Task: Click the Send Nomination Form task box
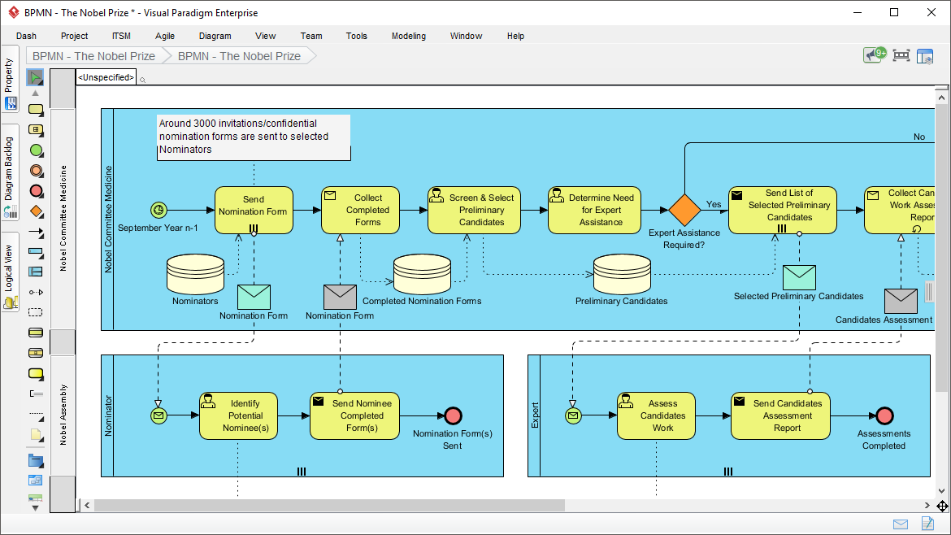click(x=253, y=210)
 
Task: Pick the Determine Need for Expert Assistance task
click(x=594, y=210)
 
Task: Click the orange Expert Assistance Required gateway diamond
click(x=684, y=210)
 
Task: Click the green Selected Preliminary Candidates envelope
click(x=798, y=277)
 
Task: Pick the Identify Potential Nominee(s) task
click(x=238, y=415)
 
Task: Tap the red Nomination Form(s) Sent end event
click(x=453, y=415)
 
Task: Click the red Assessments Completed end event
click(x=884, y=415)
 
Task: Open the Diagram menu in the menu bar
click(x=215, y=36)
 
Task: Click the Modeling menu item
click(x=408, y=36)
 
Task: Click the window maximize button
click(x=894, y=12)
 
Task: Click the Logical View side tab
click(x=10, y=271)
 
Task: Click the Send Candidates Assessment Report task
click(x=780, y=415)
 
